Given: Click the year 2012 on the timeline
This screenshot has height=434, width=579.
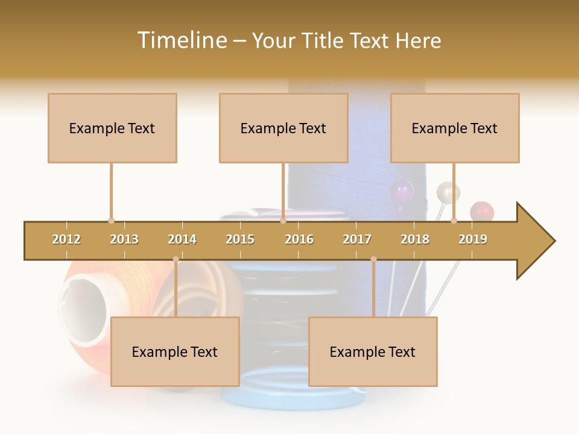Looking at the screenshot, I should (66, 239).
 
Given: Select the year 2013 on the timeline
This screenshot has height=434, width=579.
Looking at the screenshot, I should (124, 239).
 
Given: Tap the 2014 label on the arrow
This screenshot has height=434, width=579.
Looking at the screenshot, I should (182, 239).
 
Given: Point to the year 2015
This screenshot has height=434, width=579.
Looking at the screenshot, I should (240, 239).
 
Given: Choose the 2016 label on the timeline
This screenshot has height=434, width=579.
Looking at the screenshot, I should (299, 239).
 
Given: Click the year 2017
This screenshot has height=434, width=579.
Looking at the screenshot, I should (357, 239).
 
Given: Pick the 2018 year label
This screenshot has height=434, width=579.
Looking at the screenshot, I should (415, 239).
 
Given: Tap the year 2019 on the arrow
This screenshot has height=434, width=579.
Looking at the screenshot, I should (473, 239).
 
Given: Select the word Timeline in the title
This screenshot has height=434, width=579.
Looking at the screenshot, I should (180, 40).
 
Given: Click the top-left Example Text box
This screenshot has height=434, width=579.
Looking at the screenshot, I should (112, 128).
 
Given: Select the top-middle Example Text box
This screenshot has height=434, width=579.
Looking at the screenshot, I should (283, 128).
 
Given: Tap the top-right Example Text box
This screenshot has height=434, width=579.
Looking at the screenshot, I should (455, 128).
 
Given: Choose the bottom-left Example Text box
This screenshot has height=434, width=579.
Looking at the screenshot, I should (175, 351).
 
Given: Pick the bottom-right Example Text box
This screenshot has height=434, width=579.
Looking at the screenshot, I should (373, 351).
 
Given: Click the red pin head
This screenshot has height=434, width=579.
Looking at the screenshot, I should (482, 212).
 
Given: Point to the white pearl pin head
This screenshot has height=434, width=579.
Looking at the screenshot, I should (448, 192).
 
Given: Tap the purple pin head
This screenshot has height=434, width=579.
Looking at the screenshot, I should (402, 193).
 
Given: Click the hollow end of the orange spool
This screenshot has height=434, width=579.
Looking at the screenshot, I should (83, 301).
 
